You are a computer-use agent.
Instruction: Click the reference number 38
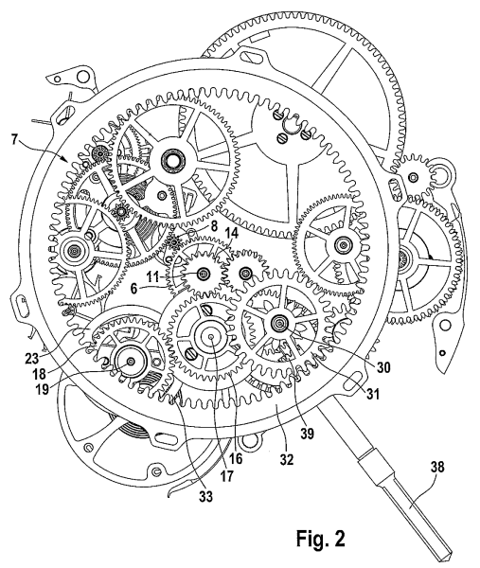click(436, 467)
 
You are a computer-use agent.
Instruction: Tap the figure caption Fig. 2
click(321, 539)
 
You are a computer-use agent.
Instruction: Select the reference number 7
click(14, 139)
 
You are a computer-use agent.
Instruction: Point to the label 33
click(205, 496)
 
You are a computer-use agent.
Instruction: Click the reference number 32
click(286, 459)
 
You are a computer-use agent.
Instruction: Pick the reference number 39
click(307, 434)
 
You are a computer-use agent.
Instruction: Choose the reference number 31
click(373, 394)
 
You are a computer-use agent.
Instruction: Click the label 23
click(32, 359)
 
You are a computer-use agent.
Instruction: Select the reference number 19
click(43, 390)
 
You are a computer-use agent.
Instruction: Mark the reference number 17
click(227, 475)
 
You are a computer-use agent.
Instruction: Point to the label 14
click(232, 234)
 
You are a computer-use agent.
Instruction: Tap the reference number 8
click(213, 227)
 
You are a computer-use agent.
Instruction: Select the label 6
click(134, 290)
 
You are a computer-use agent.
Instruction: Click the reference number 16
click(236, 458)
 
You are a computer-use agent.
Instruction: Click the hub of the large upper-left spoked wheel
click(173, 159)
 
